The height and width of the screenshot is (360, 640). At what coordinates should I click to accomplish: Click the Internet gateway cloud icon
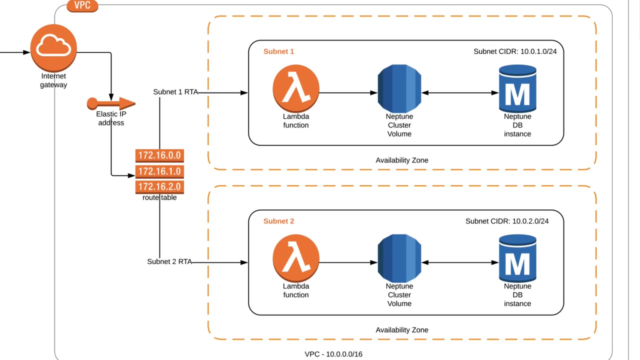point(53,47)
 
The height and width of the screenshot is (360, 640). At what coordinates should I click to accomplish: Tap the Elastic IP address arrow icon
point(111,103)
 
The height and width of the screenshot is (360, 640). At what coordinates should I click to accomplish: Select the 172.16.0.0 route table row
point(159,155)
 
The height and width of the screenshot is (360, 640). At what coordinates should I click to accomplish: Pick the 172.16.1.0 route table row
point(159,171)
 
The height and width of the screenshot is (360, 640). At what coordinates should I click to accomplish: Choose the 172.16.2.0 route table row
point(159,187)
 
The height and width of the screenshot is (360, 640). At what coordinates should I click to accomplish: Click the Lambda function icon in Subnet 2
point(296,259)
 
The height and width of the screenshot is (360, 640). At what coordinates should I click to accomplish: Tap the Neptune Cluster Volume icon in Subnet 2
point(399,259)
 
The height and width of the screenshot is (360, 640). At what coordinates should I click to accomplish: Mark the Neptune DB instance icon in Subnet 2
point(517,259)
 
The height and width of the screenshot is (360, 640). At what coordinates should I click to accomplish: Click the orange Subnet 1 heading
point(279,51)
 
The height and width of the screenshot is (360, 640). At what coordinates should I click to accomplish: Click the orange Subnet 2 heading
point(279,221)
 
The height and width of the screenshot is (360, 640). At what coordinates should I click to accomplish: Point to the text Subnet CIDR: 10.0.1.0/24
point(515,51)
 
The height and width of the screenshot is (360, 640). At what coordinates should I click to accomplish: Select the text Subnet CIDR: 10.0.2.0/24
point(507,221)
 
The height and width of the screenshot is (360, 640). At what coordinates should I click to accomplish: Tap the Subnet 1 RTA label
point(175,92)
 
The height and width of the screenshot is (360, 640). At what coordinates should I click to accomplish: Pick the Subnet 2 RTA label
point(169,261)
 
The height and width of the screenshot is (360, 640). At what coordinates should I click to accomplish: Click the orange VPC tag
point(82,6)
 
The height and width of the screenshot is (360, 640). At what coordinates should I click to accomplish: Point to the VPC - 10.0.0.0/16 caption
point(333,354)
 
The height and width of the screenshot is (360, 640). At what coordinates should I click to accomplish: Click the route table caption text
point(159,197)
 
